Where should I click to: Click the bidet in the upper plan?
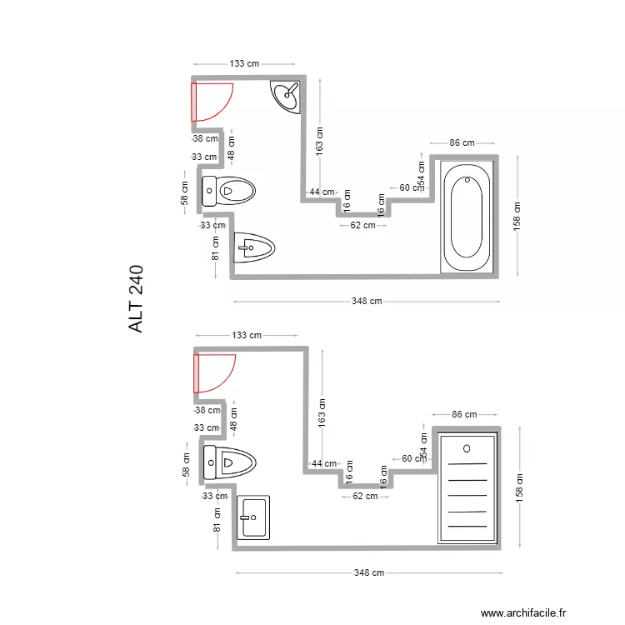(x=254, y=247)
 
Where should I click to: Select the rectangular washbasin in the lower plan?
(x=253, y=517)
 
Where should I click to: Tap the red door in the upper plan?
(x=211, y=102)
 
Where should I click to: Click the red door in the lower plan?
(x=212, y=372)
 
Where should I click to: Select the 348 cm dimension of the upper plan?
(x=367, y=301)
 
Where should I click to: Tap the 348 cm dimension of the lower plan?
(x=368, y=572)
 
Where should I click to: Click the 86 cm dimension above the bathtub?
(x=462, y=142)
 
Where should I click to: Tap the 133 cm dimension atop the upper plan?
(x=243, y=63)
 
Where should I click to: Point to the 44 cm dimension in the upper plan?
(x=321, y=192)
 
